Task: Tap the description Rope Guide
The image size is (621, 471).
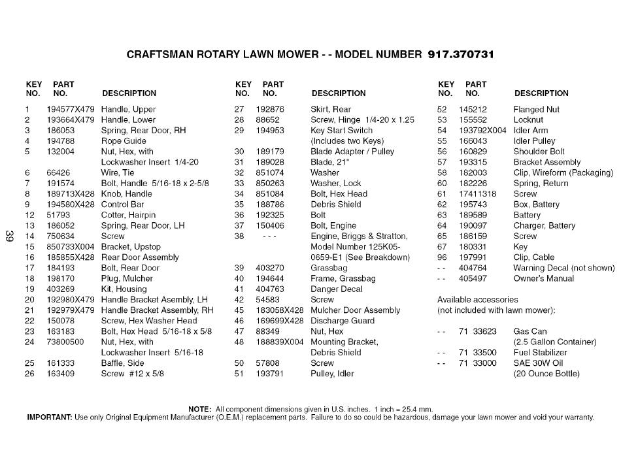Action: pyautogui.click(x=124, y=141)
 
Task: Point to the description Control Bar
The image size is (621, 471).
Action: pyautogui.click(x=122, y=204)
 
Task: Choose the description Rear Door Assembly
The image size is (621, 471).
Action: pyautogui.click(x=139, y=257)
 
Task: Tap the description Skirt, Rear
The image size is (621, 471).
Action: pyautogui.click(x=330, y=110)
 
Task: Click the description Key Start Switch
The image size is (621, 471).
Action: pyautogui.click(x=341, y=131)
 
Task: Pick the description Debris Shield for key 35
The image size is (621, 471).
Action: pyautogui.click(x=335, y=204)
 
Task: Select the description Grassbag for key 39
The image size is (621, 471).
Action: pyautogui.click(x=329, y=268)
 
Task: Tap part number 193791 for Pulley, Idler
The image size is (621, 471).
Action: pyautogui.click(x=269, y=374)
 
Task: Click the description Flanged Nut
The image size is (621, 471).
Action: pyautogui.click(x=536, y=110)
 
